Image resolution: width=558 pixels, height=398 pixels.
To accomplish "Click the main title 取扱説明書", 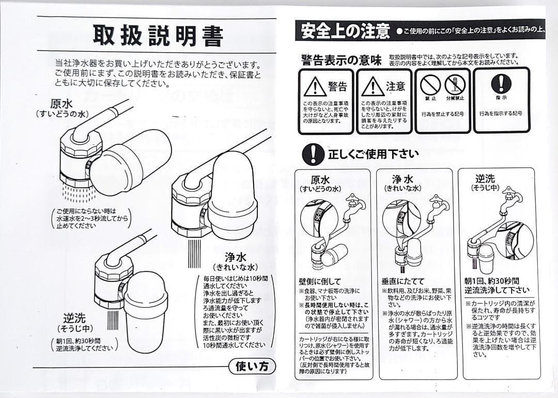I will coord(158,36).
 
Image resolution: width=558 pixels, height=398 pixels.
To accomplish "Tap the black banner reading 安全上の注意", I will coord(345,32).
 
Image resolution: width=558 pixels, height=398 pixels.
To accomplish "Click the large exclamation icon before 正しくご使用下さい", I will coord(313,153).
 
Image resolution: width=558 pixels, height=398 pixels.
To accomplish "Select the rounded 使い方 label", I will coord(252,366).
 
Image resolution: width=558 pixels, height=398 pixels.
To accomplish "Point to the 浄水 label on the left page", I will coord(236,257).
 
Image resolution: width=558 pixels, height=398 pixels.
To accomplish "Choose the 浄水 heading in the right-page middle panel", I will coord(402,179).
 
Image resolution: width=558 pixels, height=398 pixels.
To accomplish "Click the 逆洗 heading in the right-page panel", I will coord(485,178).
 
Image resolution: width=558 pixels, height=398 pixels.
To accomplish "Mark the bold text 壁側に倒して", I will coord(320,282).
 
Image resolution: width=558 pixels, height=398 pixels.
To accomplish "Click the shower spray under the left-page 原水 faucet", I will coord(72,192).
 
